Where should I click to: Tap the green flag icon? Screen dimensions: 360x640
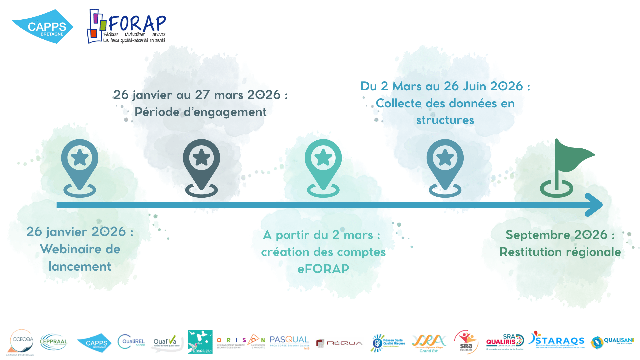click(567, 167)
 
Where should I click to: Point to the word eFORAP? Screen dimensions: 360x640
click(323, 269)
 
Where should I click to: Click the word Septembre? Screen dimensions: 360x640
click(538, 235)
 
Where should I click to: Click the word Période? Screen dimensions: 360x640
click(157, 112)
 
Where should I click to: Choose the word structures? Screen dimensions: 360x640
click(445, 120)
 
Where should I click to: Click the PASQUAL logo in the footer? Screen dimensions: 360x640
click(289, 342)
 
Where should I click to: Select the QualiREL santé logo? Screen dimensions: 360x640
click(131, 342)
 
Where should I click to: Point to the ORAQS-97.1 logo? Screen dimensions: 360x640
click(200, 342)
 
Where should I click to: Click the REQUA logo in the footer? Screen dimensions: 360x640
click(339, 343)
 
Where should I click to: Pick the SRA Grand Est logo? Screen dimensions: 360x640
click(429, 343)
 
